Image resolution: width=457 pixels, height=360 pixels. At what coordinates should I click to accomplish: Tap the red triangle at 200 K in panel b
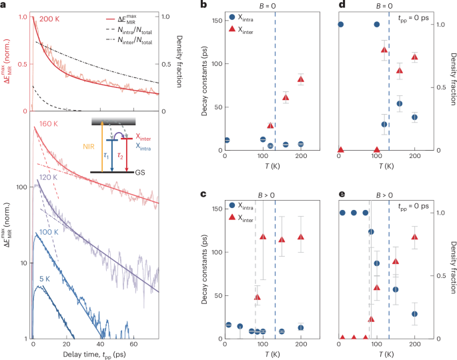coord(301,79)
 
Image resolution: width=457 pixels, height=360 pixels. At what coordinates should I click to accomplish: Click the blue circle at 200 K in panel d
coord(414,117)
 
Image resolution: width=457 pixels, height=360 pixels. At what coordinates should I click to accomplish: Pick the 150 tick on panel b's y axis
coord(218,23)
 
